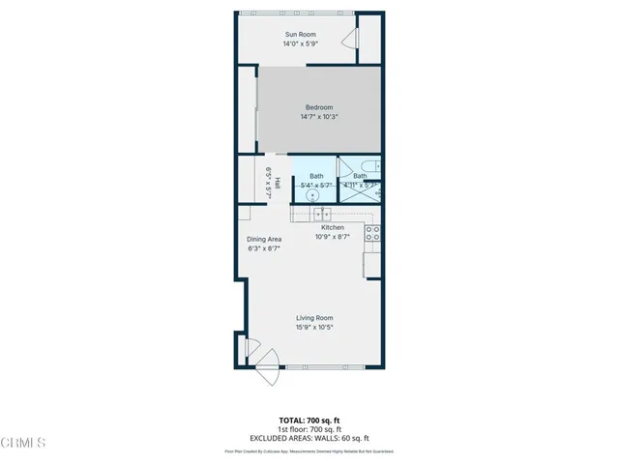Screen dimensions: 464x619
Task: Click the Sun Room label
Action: coord(299,35)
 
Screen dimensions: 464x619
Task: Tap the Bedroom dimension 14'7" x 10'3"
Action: coord(319,116)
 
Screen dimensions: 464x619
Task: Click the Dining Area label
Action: coord(263,239)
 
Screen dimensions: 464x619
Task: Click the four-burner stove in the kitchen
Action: coord(371,234)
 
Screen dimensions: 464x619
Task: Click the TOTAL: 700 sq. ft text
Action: coord(309,420)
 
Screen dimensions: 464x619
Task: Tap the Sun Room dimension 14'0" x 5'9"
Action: coord(299,44)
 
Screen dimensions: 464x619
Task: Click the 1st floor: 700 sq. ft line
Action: coord(309,427)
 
